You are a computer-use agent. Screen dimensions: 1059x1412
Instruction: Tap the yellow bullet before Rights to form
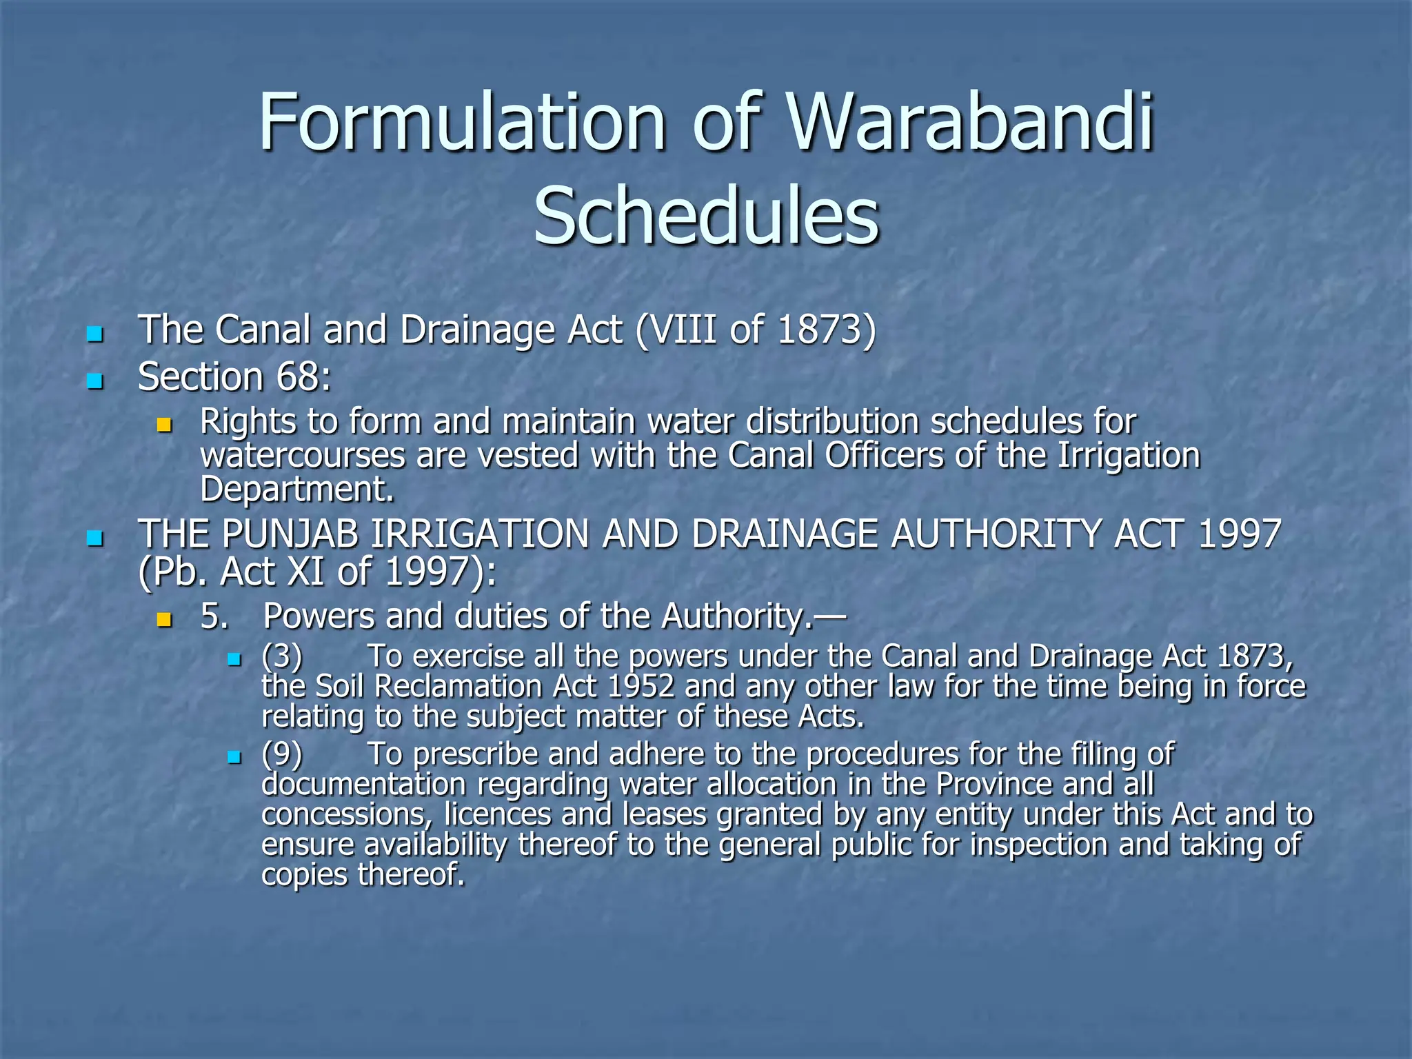[164, 425]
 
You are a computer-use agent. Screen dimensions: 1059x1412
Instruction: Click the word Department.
[296, 489]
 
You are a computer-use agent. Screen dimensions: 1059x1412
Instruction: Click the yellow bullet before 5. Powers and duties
[164, 619]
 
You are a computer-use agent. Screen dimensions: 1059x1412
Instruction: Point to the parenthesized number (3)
[282, 656]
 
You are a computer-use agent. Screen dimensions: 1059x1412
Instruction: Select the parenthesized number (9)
[282, 754]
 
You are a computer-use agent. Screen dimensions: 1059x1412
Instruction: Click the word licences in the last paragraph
[497, 814]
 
